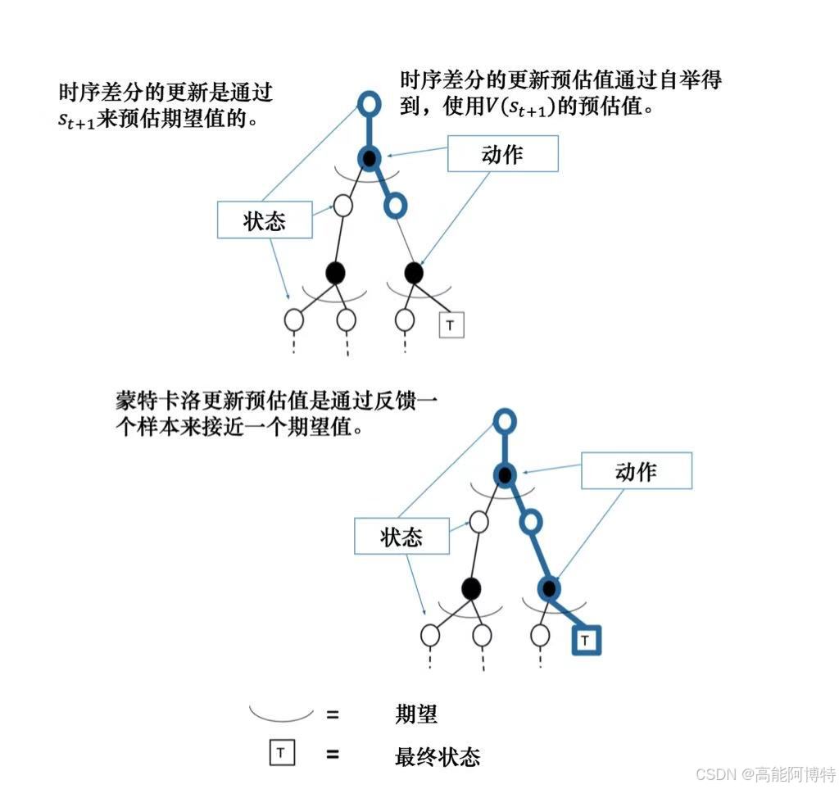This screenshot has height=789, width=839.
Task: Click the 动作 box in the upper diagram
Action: (502, 154)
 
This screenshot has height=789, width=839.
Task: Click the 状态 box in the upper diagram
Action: (264, 221)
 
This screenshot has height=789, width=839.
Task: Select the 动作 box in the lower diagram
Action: (636, 471)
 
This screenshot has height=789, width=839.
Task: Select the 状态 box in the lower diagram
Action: (401, 537)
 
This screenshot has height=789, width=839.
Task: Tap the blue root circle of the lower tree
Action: (506, 422)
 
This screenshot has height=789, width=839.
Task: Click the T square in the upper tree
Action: (451, 325)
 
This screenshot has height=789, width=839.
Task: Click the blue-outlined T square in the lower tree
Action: (585, 640)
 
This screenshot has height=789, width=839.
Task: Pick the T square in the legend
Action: (281, 753)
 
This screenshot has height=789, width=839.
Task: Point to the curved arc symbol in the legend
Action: (281, 714)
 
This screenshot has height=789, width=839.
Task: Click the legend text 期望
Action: (416, 714)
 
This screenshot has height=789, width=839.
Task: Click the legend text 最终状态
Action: (437, 755)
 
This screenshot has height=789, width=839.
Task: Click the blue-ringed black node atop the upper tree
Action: (370, 157)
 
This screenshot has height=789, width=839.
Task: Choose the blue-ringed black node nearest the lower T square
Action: (549, 587)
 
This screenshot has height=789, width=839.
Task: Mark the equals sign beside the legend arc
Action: (333, 714)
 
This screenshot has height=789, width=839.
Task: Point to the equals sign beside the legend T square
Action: (333, 754)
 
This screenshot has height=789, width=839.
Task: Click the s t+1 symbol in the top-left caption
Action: (76, 119)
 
